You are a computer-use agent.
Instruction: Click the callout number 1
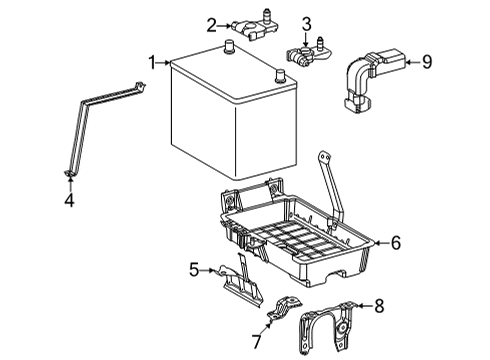coord(152,63)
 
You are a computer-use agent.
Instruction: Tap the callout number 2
coord(211,25)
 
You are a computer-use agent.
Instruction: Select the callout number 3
coord(307,24)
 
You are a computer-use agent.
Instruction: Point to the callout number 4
coord(69,200)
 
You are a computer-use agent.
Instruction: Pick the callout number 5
coord(194,270)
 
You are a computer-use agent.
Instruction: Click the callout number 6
coord(396,243)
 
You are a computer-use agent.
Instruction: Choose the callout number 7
coord(256,341)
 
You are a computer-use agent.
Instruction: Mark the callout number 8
coord(379,306)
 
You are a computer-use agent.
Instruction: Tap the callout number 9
coord(427,62)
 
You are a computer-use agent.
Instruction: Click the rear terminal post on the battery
coord(229,47)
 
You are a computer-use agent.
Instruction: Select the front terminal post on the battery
coord(280,75)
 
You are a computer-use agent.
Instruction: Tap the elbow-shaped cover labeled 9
coord(370,79)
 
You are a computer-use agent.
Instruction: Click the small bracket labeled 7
coord(284,308)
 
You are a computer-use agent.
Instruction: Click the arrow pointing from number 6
coord(382,243)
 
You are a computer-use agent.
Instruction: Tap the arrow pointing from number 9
coord(413,62)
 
